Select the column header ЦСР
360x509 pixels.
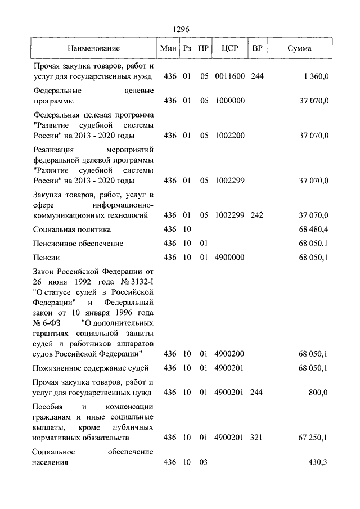tap(228, 48)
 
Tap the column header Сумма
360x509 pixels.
tap(299, 48)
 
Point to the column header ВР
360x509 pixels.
tap(257, 48)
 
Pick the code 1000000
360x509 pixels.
tap(229, 101)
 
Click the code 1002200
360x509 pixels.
tap(229, 136)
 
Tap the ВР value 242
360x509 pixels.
tap(257, 215)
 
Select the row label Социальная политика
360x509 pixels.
tap(71, 229)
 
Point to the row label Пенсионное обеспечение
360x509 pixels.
tap(78, 244)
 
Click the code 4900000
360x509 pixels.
tap(229, 258)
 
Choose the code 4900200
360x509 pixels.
tap(229, 354)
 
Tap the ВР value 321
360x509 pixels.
tap(257, 437)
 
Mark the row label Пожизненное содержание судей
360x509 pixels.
tap(91, 368)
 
